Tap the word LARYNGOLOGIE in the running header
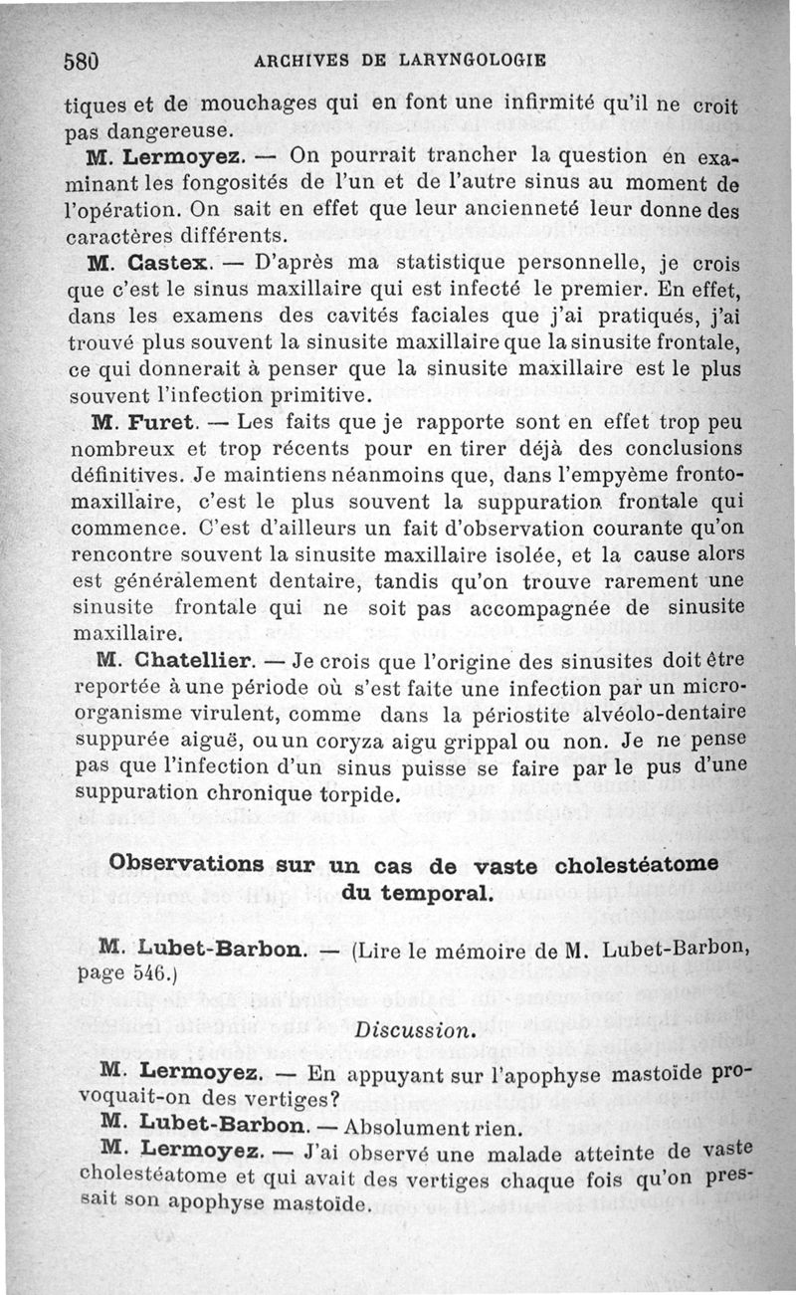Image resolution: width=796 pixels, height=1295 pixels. pyautogui.click(x=471, y=59)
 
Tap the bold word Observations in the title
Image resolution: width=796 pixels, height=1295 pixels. pyautogui.click(x=187, y=862)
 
